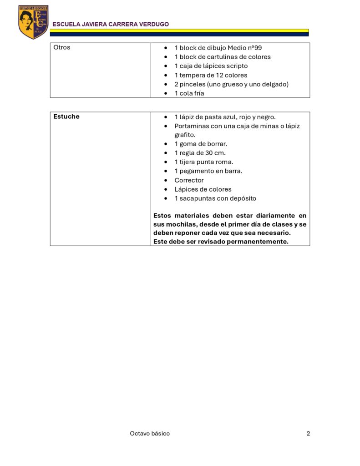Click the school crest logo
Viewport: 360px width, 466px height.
pyautogui.click(x=33, y=22)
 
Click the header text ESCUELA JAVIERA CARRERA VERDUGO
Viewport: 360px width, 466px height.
pyautogui.click(x=111, y=24)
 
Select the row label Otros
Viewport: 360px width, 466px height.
pyautogui.click(x=62, y=47)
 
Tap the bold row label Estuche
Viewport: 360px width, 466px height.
pyautogui.click(x=66, y=116)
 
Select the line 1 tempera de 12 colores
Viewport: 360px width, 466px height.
pyautogui.click(x=211, y=75)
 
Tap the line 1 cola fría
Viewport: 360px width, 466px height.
pyautogui.click(x=189, y=93)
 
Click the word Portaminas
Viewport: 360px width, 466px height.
pyautogui.click(x=192, y=126)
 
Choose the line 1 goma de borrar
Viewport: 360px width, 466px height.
pyautogui.click(x=201, y=144)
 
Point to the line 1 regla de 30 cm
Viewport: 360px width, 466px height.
pyautogui.click(x=200, y=153)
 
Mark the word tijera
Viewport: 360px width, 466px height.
pyautogui.click(x=189, y=162)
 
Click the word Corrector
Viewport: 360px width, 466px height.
pyautogui.click(x=189, y=180)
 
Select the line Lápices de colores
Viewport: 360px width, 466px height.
pyautogui.click(x=203, y=189)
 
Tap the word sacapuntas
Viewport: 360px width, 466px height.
pyautogui.click(x=199, y=198)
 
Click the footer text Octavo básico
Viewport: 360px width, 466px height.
pyautogui.click(x=150, y=433)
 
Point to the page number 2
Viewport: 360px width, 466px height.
pyautogui.click(x=308, y=433)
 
